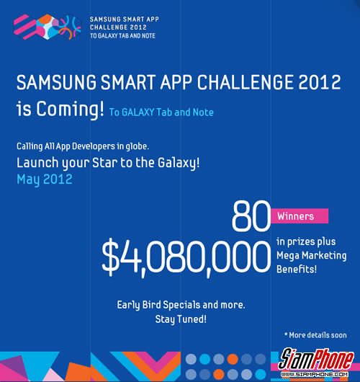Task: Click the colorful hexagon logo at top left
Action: [48, 27]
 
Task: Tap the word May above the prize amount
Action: [28, 179]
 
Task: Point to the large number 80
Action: [251, 216]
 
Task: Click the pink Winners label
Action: [300, 216]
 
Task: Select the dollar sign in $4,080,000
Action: [111, 257]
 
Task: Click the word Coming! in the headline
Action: [71, 109]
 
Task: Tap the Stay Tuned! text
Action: [181, 319]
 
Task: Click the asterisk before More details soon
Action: [286, 334]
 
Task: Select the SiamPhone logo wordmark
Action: [316, 359]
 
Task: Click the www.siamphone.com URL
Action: [315, 374]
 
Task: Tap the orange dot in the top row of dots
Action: [233, 359]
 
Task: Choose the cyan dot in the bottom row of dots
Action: [261, 375]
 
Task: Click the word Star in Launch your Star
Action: [105, 163]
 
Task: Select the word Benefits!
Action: [297, 270]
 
